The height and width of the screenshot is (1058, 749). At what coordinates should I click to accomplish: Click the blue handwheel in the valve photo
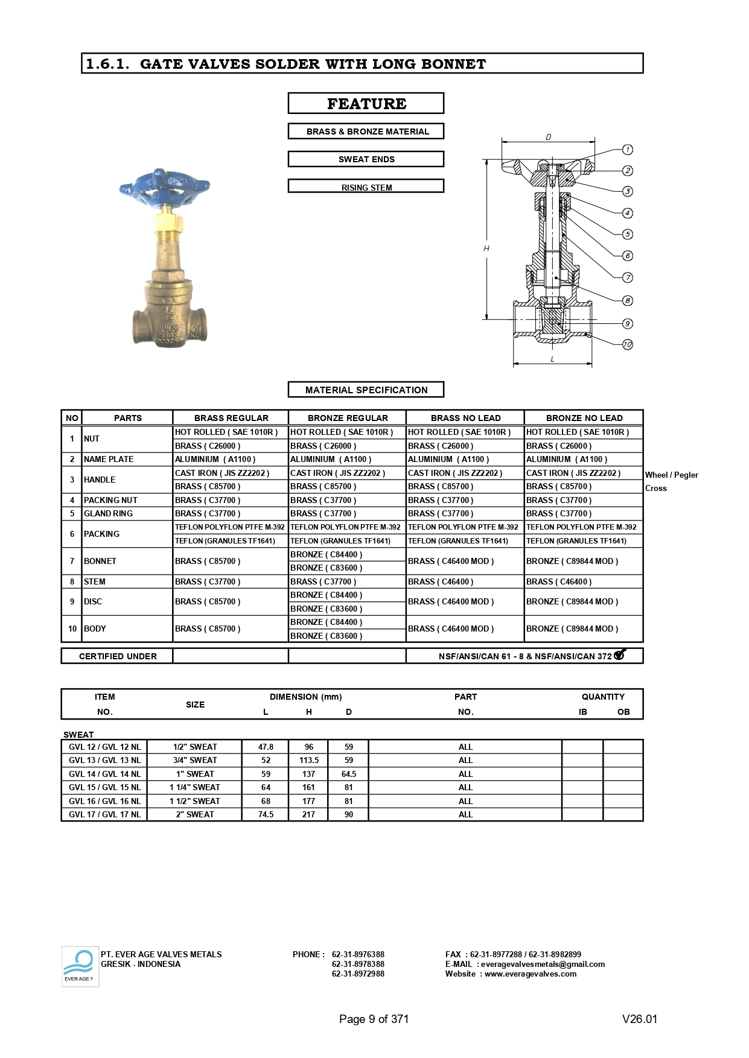(164, 186)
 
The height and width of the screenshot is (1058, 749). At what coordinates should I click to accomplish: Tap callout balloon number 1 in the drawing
(628, 150)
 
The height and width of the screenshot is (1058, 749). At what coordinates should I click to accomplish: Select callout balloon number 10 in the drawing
(628, 344)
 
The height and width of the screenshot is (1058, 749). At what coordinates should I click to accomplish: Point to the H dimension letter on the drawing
(486, 249)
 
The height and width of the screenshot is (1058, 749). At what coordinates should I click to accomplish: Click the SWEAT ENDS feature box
(366, 159)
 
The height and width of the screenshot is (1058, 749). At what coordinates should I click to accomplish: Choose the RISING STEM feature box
(366, 187)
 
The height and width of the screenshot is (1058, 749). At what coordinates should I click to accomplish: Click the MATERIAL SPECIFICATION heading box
(366, 390)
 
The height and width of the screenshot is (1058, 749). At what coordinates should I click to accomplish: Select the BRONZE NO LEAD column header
(584, 418)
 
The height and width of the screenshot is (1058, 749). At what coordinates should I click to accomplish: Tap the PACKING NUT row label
(110, 500)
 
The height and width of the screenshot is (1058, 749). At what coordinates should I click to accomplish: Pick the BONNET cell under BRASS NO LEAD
(451, 561)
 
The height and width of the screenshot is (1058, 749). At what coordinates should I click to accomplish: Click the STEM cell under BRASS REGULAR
(208, 581)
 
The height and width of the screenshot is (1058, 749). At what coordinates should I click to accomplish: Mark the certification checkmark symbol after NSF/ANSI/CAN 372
(620, 654)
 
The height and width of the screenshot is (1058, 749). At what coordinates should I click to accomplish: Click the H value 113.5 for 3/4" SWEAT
(309, 761)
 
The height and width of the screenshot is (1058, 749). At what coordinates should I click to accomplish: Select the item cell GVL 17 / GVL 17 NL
(104, 814)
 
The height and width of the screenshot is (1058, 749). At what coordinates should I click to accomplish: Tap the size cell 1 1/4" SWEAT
(194, 787)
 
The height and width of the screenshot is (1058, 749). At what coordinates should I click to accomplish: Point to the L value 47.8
(266, 747)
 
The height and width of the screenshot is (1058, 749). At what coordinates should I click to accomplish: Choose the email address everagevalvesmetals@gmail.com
(543, 964)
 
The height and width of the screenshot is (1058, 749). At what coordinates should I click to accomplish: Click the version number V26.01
(639, 1019)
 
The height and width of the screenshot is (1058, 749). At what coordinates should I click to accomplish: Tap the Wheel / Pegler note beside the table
(671, 475)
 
